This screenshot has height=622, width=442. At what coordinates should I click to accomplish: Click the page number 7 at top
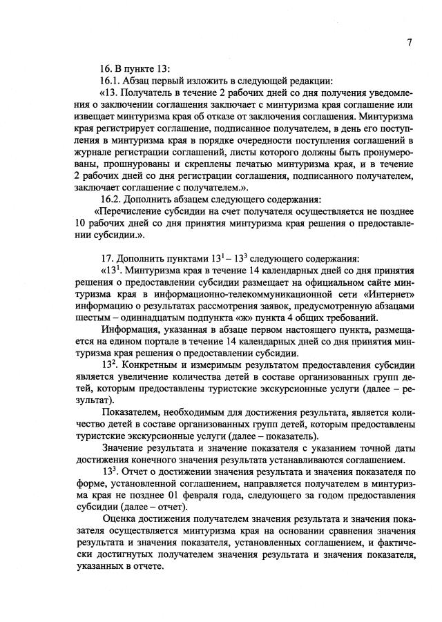pyautogui.click(x=409, y=41)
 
